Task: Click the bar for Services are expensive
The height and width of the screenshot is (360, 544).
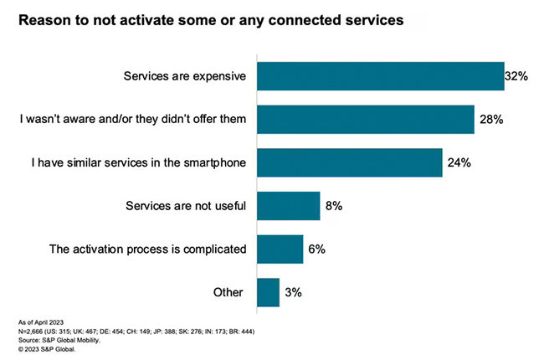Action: click(380, 76)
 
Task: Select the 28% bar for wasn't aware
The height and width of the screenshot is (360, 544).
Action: click(366, 120)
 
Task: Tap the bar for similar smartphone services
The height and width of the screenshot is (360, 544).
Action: click(349, 162)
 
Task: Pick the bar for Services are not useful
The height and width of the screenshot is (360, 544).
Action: click(288, 206)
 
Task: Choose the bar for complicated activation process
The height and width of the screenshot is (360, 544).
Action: click(280, 249)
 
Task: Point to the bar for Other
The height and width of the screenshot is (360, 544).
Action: click(268, 292)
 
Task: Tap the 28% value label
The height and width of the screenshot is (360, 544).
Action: click(491, 120)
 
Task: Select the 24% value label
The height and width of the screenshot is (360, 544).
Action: click(459, 163)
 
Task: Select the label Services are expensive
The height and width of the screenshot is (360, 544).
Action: click(185, 77)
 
